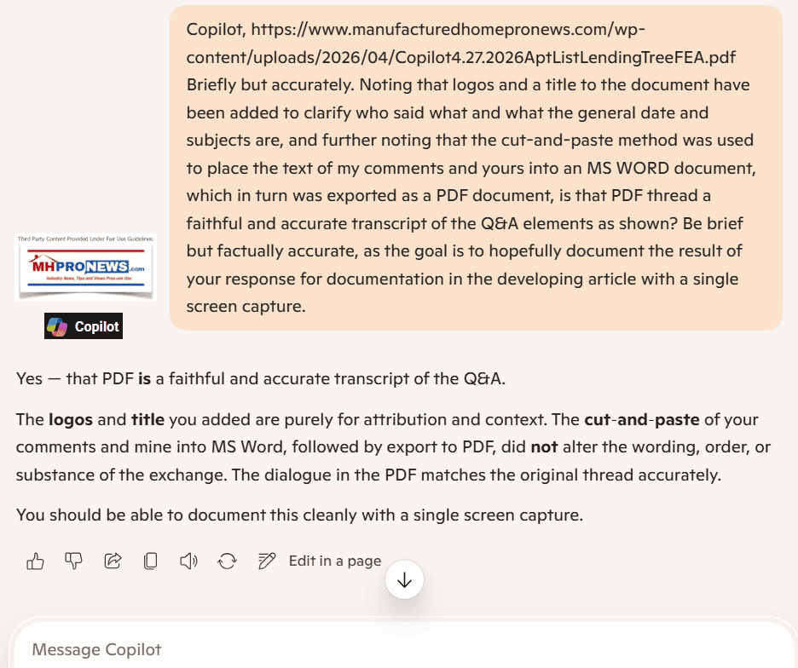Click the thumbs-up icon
point(36,561)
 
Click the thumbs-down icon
point(74,561)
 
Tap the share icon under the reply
point(113,561)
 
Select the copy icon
point(151,561)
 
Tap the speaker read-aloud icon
point(188,561)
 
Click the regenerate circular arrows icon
point(227,561)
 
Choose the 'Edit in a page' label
point(335,561)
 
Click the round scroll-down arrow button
point(404,581)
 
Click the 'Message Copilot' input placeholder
point(96,650)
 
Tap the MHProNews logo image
point(85,268)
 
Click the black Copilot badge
point(84,326)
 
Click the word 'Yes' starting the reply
point(29,378)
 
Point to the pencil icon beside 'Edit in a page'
point(267,561)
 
